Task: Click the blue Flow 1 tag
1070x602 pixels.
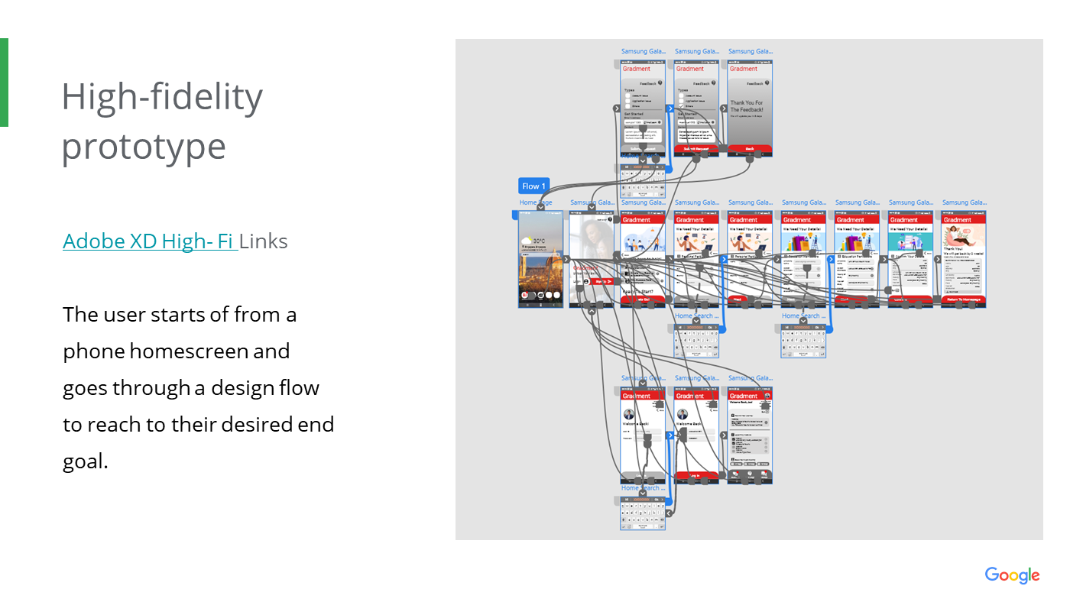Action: pyautogui.click(x=533, y=186)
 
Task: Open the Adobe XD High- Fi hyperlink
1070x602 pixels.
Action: pyautogui.click(x=149, y=241)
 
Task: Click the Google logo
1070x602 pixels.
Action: pyautogui.click(x=1012, y=575)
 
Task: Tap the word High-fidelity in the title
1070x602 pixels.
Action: pyautogui.click(x=162, y=97)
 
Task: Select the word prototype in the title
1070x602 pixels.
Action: pyautogui.click(x=144, y=146)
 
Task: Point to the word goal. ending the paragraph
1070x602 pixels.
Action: pyautogui.click(x=86, y=461)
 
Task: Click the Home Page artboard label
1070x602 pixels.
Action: pyautogui.click(x=535, y=203)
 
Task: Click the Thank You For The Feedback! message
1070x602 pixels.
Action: pyautogui.click(x=746, y=106)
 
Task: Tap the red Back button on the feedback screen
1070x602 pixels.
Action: pyautogui.click(x=750, y=149)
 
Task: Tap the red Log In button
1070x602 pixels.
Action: pyautogui.click(x=695, y=475)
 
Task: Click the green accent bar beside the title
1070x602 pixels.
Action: pyautogui.click(x=4, y=83)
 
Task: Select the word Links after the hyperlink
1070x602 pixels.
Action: pyautogui.click(x=264, y=241)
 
